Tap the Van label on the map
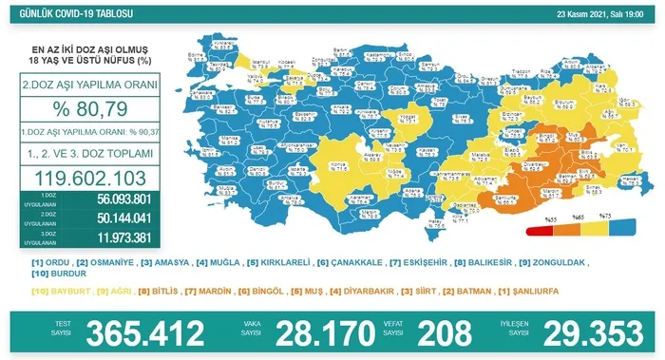[x=617, y=146]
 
